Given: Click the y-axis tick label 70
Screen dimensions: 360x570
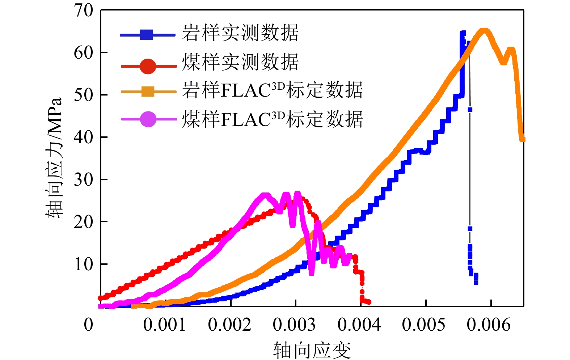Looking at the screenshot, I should tap(84, 11).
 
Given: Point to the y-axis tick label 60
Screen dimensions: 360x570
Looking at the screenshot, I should tap(84, 53).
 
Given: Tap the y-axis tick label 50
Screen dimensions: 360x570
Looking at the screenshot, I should tap(84, 95).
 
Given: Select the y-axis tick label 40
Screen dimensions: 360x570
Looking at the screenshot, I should tap(84, 137).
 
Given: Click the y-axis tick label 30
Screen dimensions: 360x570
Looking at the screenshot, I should tap(84, 180).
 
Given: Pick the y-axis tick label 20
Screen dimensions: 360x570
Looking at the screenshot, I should tap(84, 222).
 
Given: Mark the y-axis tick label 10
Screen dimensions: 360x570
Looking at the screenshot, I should tap(84, 264).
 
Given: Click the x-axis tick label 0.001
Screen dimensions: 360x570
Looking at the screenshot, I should tap(165, 325).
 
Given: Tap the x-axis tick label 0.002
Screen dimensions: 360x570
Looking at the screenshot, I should tap(229, 325).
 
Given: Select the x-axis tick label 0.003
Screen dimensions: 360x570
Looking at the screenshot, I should tap(294, 325).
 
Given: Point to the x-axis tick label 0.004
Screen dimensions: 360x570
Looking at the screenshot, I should tap(359, 325).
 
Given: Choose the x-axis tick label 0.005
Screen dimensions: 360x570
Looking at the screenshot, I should tap(424, 325).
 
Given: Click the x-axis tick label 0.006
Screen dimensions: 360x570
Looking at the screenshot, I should tap(489, 325).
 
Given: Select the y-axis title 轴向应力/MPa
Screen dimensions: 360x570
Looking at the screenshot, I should tap(54, 158).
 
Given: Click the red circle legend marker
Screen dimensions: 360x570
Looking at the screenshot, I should tap(148, 66).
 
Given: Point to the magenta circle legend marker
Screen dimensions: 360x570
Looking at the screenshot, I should tap(148, 119).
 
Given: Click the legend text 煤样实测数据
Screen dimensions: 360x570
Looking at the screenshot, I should tap(240, 62).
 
